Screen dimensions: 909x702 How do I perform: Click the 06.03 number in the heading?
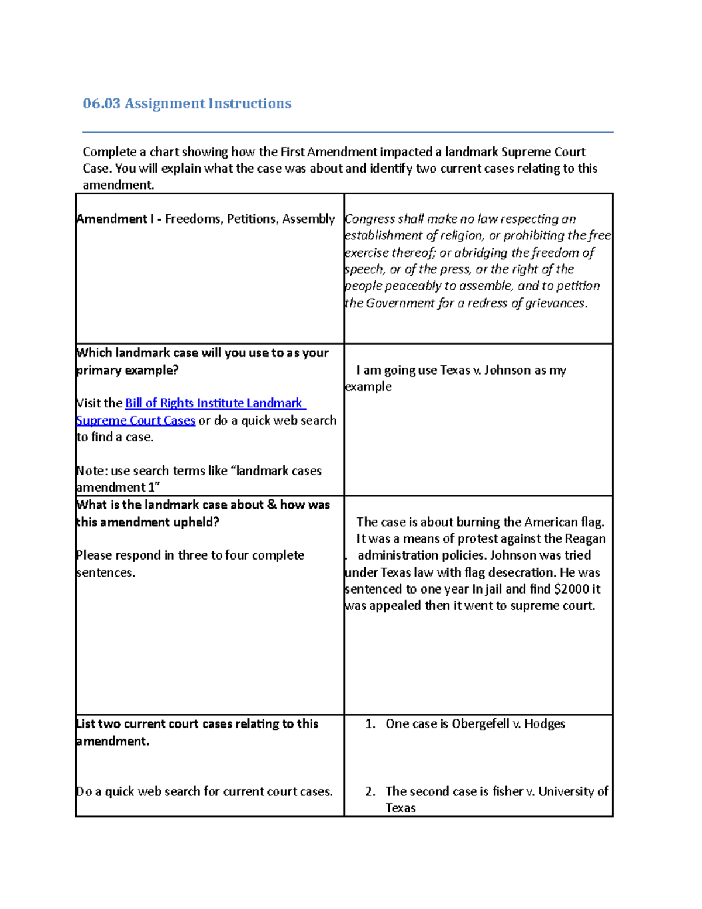click(101, 104)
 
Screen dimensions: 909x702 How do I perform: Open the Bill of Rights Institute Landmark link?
click(214, 403)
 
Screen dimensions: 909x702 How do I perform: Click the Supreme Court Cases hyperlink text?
click(136, 420)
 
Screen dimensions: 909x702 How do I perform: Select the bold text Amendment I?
click(115, 219)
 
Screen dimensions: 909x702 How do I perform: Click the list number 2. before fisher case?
click(370, 791)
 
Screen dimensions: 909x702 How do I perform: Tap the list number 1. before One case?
click(370, 724)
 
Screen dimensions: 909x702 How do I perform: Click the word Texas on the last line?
click(401, 808)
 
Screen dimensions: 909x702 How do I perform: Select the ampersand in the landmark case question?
click(271, 505)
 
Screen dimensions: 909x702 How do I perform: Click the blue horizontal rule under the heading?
click(347, 132)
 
